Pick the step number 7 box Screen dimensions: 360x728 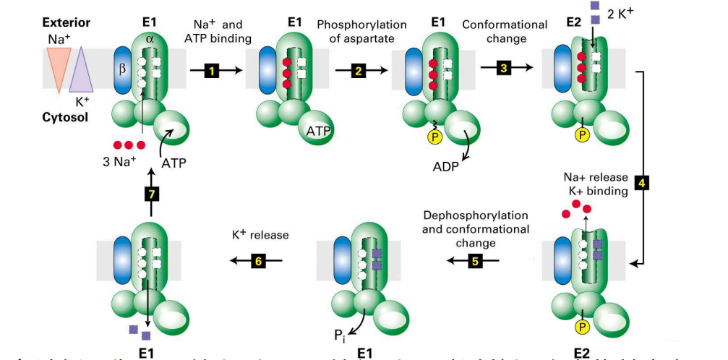[151, 194]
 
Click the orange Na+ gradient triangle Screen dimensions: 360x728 [56, 64]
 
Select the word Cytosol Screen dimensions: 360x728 [64, 116]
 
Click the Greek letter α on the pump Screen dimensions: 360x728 [150, 38]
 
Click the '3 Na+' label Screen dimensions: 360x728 [119, 161]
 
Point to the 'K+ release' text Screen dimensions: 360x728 [260, 235]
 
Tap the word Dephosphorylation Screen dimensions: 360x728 [475, 216]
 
